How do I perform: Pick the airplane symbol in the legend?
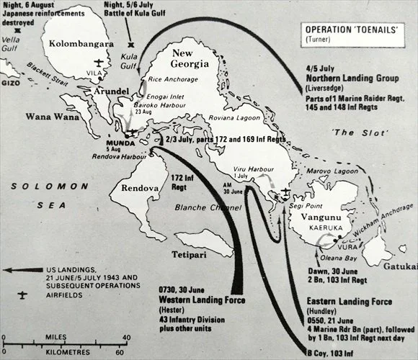[22, 295]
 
